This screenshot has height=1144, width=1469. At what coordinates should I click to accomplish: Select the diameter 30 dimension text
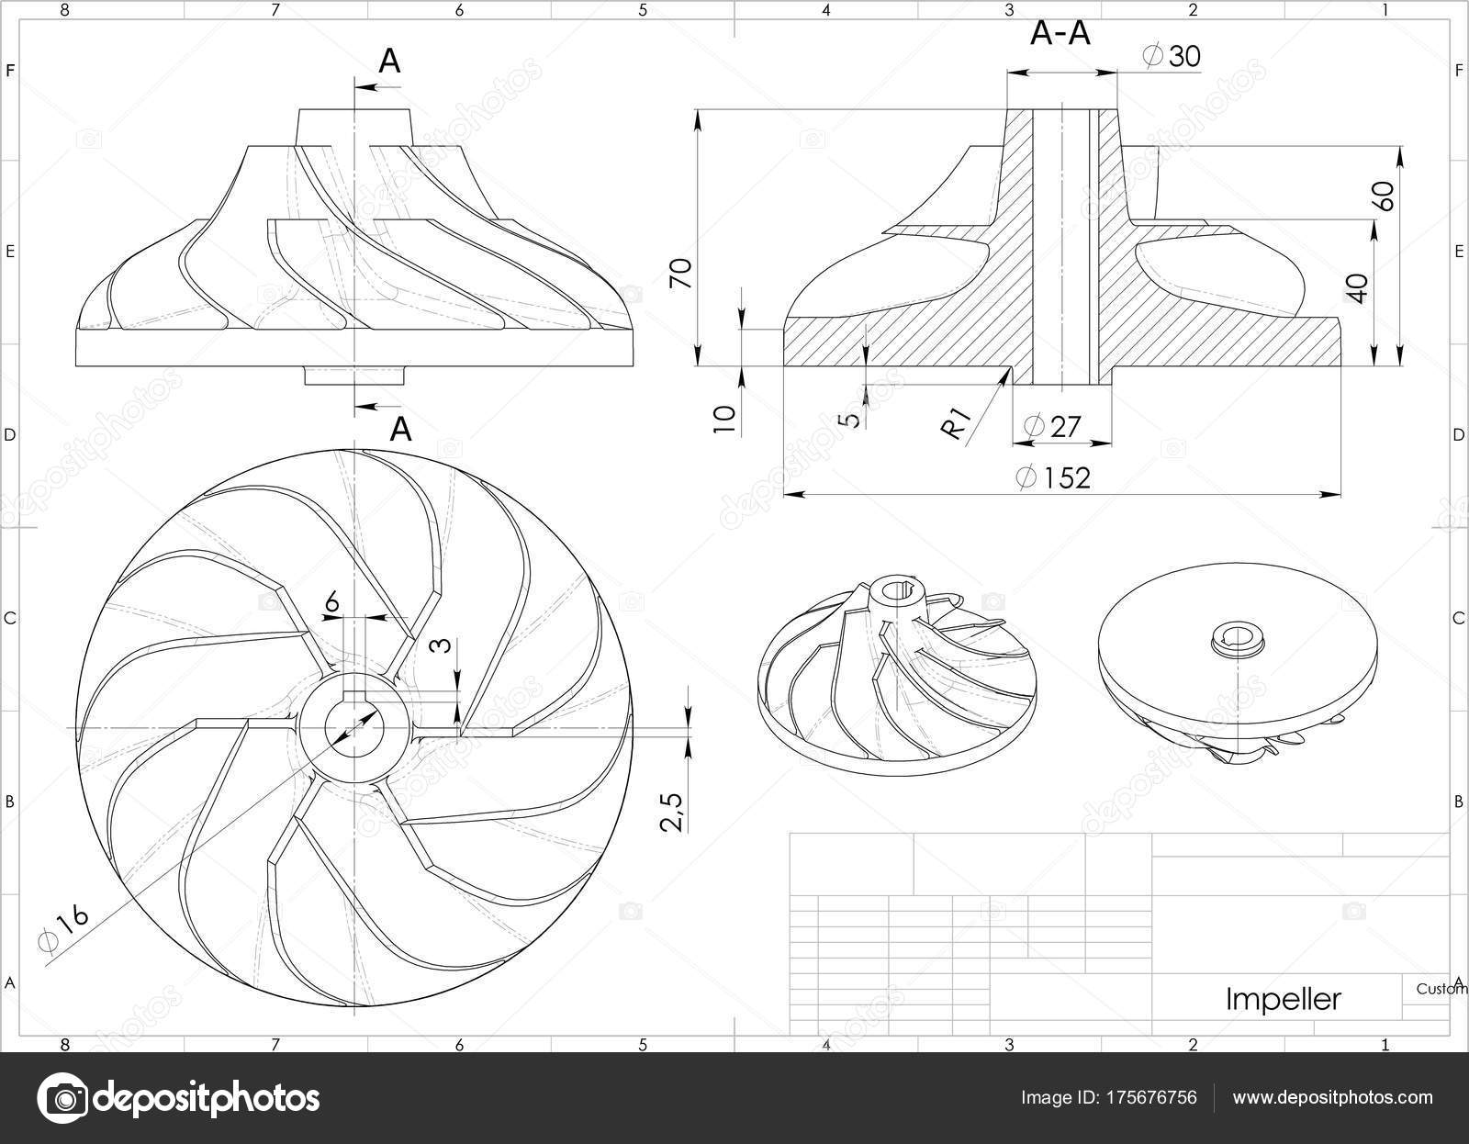[x=1172, y=56]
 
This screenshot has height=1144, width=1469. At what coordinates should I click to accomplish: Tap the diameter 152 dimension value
[x=1053, y=478]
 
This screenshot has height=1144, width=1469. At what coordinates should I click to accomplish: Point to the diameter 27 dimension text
[x=1051, y=427]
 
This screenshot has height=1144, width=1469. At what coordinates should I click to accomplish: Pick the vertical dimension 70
[x=681, y=274]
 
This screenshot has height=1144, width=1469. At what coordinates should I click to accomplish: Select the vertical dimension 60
[x=1385, y=196]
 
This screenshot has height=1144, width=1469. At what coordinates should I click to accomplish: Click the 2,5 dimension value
[x=673, y=811]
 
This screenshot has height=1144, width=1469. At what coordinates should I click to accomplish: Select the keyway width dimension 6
[x=332, y=601]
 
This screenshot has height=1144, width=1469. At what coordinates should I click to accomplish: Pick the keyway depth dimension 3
[x=442, y=645]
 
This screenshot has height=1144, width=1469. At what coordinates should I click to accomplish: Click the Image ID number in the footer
[x=1152, y=1097]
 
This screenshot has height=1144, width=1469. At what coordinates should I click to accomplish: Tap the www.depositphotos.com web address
[x=1332, y=1097]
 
